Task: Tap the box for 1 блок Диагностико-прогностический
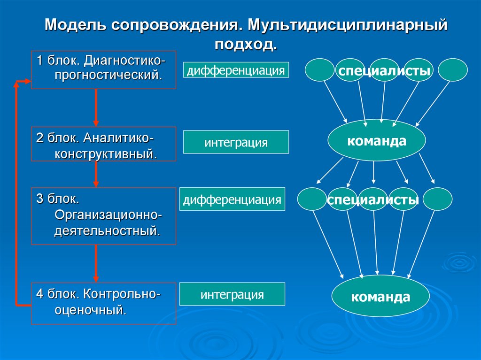click(x=103, y=69)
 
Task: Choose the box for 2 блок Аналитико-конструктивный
click(x=103, y=144)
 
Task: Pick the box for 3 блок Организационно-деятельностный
click(x=103, y=216)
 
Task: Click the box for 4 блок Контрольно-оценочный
click(x=103, y=303)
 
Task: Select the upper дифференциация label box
click(x=236, y=70)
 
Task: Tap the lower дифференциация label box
click(x=232, y=199)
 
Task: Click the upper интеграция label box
click(x=236, y=142)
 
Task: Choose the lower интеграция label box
click(x=232, y=295)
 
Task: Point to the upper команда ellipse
click(x=376, y=140)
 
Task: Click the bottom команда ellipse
click(x=380, y=297)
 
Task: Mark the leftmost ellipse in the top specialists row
click(x=320, y=70)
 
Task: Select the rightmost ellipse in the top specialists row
click(x=453, y=70)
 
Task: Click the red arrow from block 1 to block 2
click(x=96, y=107)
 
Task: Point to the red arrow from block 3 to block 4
click(x=96, y=263)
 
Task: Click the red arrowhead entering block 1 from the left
click(x=26, y=83)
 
